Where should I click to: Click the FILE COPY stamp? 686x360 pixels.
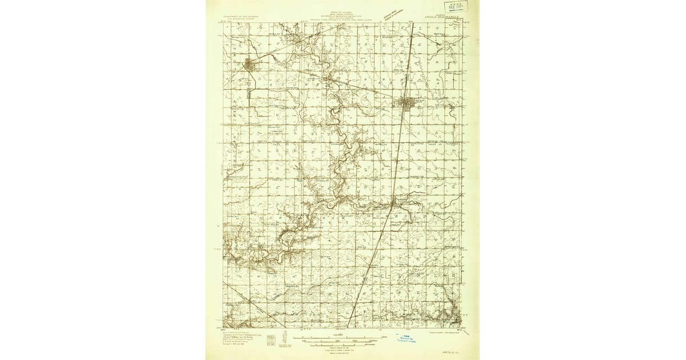(x=457, y=6)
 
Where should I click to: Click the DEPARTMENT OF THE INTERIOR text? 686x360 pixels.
(x=241, y=17)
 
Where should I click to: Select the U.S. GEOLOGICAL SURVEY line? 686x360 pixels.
(x=241, y=19)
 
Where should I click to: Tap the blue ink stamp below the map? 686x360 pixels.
(x=408, y=338)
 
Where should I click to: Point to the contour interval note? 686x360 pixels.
(x=341, y=347)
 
